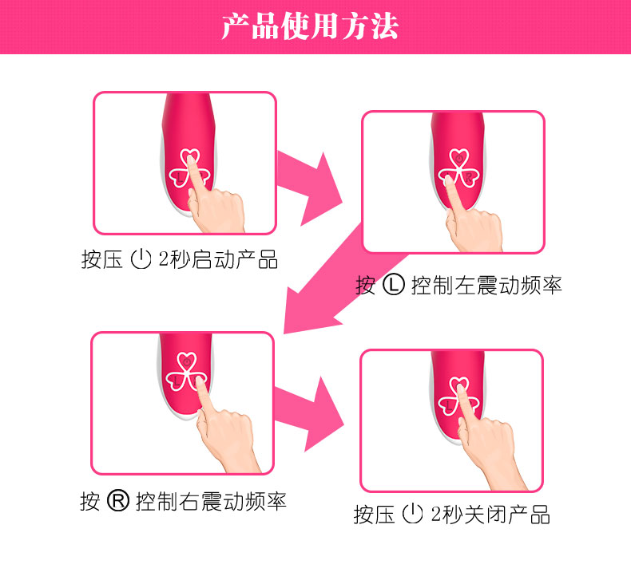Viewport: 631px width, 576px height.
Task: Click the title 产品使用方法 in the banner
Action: [x=310, y=26]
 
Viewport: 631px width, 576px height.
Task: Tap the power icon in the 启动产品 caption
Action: [x=141, y=259]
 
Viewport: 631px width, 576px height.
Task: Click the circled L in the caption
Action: [x=393, y=285]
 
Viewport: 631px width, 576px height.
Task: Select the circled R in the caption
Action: [x=118, y=501]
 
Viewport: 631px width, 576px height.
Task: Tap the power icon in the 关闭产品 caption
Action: [x=412, y=514]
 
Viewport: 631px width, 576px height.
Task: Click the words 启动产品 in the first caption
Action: [x=234, y=259]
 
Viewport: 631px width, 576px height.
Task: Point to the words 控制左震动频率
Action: [x=486, y=286]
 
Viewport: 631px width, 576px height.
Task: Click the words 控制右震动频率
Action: [x=211, y=502]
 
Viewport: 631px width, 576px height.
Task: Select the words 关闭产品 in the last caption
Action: [x=506, y=514]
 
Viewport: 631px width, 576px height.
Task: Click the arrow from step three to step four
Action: [x=309, y=414]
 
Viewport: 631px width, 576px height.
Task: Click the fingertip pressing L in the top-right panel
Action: [x=448, y=180]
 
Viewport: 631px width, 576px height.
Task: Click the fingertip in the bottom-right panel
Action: [x=460, y=389]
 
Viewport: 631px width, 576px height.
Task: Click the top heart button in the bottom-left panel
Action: [x=186, y=361]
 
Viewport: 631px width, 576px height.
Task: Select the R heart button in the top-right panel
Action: [x=470, y=177]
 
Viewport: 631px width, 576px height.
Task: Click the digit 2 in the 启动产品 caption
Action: [x=164, y=258]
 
